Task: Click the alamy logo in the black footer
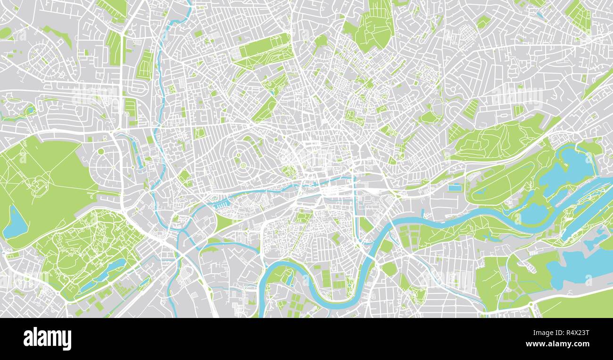click(47, 339)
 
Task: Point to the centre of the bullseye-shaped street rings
click(243, 165)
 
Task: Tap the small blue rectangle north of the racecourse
click(454, 188)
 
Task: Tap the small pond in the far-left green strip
click(30, 110)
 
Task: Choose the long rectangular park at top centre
click(262, 50)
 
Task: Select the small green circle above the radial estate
click(101, 151)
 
